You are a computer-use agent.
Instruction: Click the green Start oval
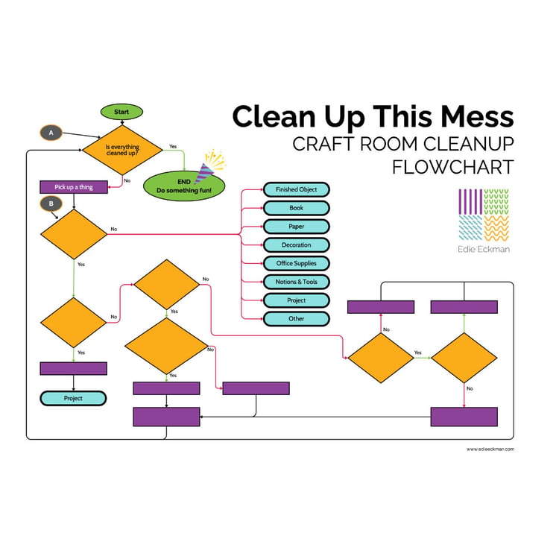[121, 112]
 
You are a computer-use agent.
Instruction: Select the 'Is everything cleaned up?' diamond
[122, 150]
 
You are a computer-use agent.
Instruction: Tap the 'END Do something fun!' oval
[184, 186]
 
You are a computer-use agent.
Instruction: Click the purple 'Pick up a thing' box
[74, 187]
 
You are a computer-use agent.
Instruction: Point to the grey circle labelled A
[51, 133]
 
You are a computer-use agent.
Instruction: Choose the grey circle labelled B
[51, 204]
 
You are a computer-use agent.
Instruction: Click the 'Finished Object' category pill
[296, 189]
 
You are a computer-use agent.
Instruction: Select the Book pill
[296, 208]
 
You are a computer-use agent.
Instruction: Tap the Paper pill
[296, 227]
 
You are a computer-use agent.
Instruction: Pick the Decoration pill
[296, 245]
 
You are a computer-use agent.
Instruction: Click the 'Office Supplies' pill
[296, 263]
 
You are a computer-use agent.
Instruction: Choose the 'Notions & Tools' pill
[296, 282]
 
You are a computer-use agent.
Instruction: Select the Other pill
[296, 319]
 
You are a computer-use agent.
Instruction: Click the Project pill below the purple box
[73, 399]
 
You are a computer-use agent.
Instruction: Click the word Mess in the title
[477, 116]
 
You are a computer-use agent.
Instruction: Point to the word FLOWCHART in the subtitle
[453, 167]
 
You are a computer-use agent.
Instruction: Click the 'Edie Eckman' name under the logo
[484, 249]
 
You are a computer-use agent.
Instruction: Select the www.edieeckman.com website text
[490, 449]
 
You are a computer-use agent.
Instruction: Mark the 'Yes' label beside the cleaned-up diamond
[173, 147]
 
